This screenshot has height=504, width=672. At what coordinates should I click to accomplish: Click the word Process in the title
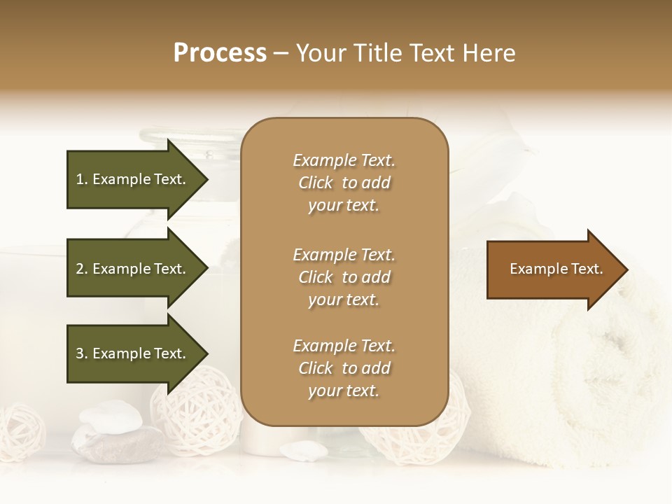point(220,53)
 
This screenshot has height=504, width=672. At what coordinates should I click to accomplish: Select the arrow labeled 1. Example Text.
point(133,179)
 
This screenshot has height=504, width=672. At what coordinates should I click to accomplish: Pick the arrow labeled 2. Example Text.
point(133,269)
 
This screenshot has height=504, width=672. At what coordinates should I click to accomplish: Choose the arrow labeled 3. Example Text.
point(133,353)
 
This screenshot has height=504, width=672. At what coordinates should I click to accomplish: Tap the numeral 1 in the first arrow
point(80,179)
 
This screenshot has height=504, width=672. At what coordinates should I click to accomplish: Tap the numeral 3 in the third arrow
point(80,353)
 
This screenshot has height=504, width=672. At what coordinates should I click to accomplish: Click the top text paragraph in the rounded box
point(344,183)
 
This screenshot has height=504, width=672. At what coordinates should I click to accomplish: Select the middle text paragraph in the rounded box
point(344,276)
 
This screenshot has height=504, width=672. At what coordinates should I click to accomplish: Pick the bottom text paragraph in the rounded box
point(344,368)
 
